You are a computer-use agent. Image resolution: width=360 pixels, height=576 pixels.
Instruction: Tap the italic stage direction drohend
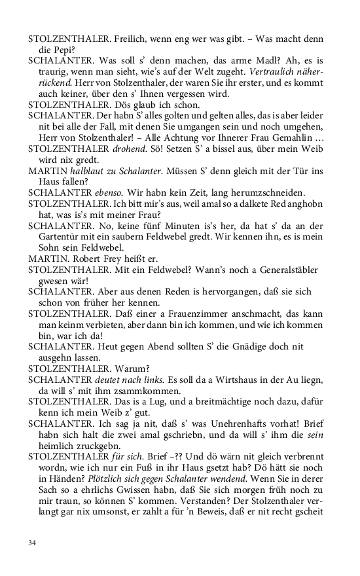(x=128, y=148)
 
